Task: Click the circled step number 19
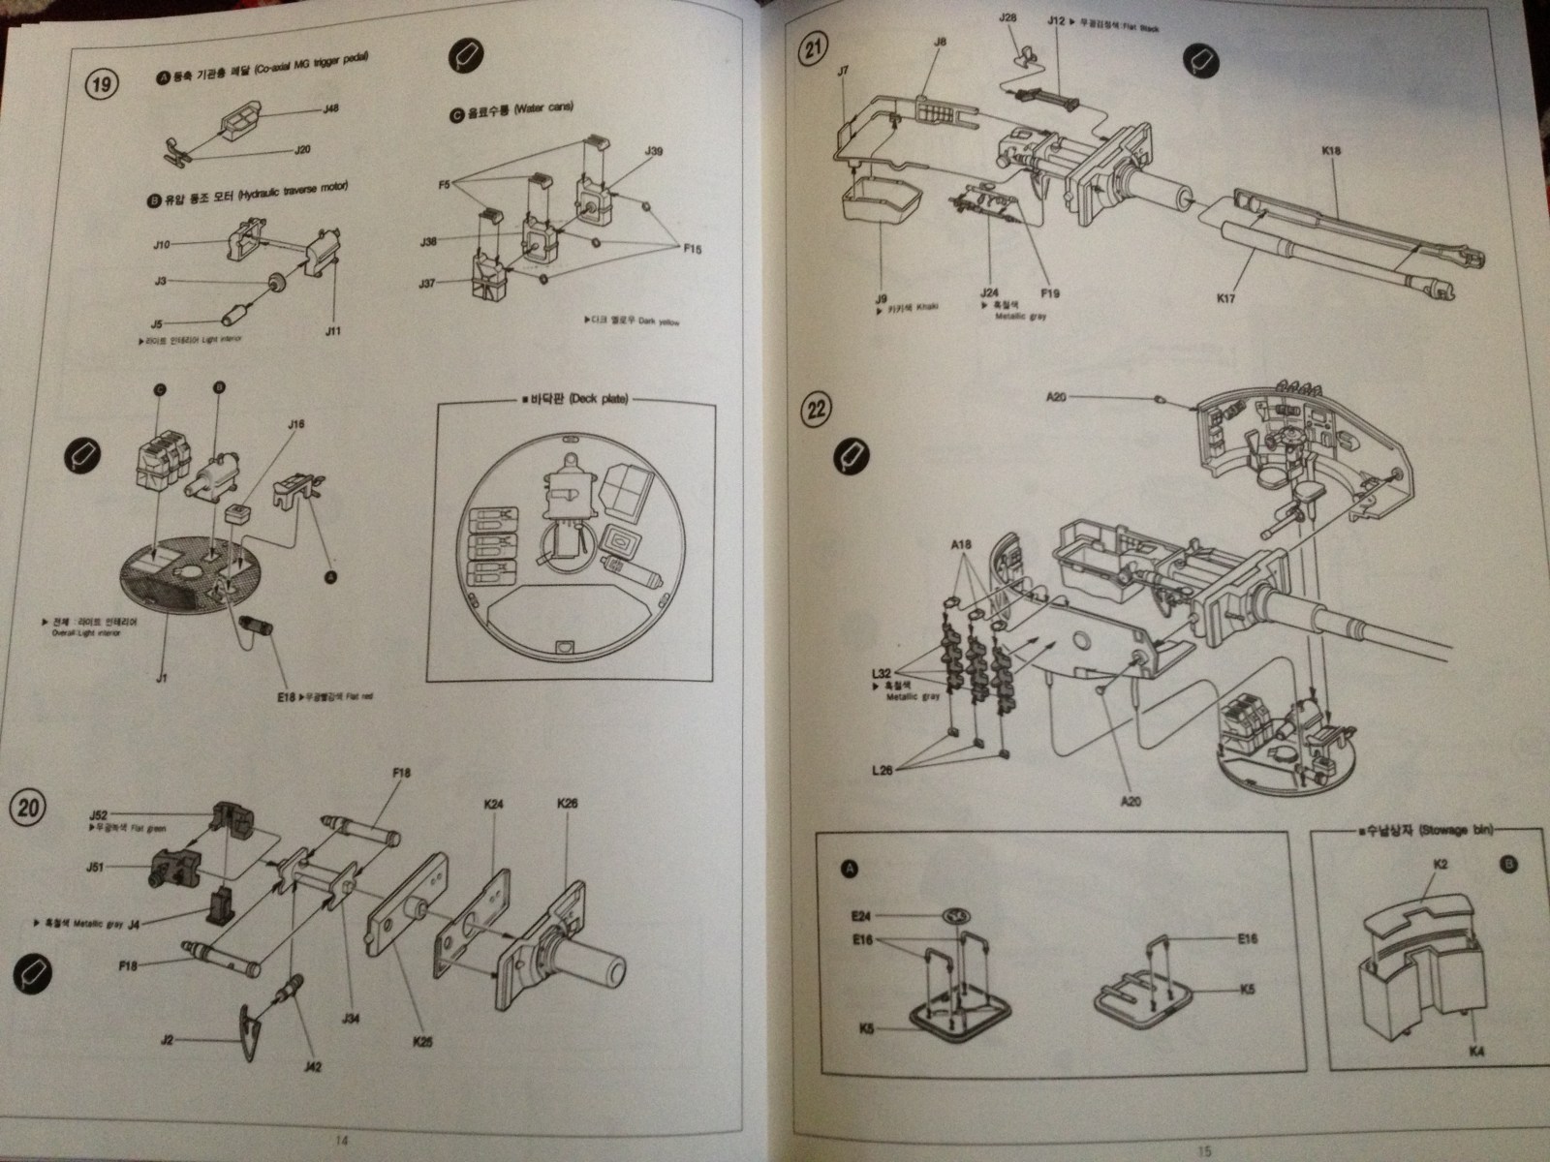(99, 84)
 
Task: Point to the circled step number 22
(817, 409)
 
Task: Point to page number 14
(338, 1139)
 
